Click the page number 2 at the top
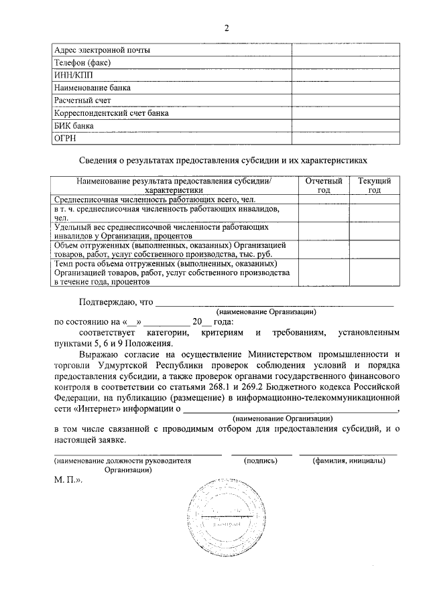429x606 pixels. pyautogui.click(x=227, y=27)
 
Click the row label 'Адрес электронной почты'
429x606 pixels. pyautogui.click(x=103, y=50)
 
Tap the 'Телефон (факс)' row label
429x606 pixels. pyautogui.click(x=82, y=63)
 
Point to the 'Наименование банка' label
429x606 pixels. pyautogui.click(x=93, y=88)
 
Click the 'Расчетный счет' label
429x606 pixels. pyautogui.click(x=82, y=100)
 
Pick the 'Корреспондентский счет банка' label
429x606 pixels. pyautogui.click(x=111, y=113)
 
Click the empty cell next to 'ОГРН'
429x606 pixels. pyautogui.click(x=345, y=139)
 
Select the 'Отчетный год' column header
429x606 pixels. pyautogui.click(x=324, y=185)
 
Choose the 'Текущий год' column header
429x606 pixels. pyautogui.click(x=375, y=185)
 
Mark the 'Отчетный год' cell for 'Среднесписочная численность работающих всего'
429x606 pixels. pyautogui.click(x=324, y=200)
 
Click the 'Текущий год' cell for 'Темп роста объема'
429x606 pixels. pyautogui.click(x=375, y=273)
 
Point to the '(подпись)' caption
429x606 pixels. pyautogui.click(x=261, y=461)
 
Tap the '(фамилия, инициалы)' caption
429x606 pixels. pyautogui.click(x=348, y=461)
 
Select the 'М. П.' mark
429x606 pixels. pyautogui.click(x=68, y=481)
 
